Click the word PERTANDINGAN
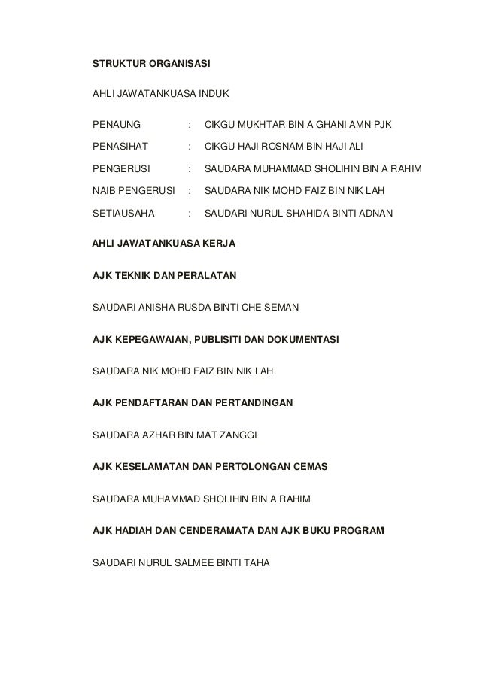[254, 403]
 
